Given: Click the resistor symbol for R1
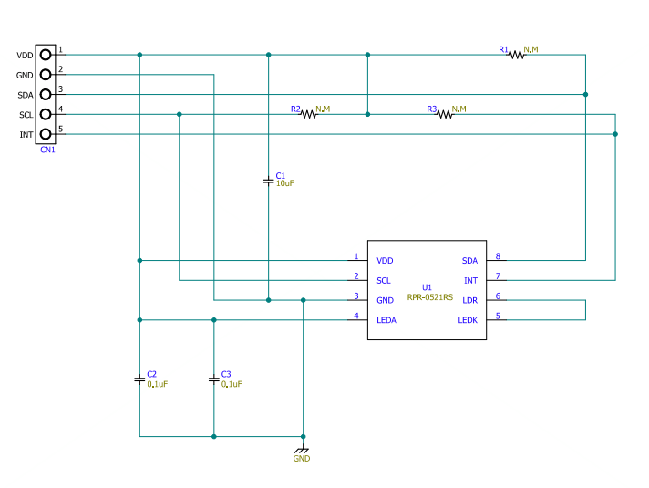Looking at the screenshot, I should pos(517,55).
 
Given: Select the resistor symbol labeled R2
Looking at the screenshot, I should pos(309,114).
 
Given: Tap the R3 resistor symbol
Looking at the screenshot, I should pos(445,114).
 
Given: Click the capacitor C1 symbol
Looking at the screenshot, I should pos(268,181).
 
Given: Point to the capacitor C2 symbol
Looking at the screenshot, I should pos(139,379).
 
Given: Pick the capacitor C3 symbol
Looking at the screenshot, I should pos(214,379).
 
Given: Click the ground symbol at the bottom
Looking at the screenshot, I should pos(302,448).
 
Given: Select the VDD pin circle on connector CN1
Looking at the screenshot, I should pos(45,55).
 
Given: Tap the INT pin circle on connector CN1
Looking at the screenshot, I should pos(45,134).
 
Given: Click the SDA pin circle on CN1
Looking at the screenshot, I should pos(45,95).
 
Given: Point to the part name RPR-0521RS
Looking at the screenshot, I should pos(429,297).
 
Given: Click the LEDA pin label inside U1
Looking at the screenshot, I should pos(387,320).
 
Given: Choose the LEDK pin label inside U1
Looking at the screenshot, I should pos(468,320).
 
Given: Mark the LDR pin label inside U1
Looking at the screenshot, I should pos(469,300).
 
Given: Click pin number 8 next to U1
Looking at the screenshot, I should pos(498,256).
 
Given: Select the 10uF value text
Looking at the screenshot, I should pos(285,183).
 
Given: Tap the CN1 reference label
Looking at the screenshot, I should pos(47,150).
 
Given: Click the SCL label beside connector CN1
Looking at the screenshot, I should pos(26,115).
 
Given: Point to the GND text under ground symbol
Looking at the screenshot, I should pos(302,459).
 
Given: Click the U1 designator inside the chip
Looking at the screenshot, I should pos(427,287).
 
